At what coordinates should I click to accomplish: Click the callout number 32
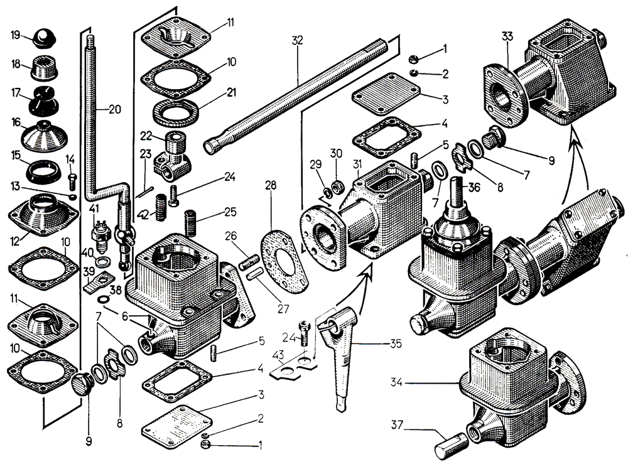click(x=297, y=40)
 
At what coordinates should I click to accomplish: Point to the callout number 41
click(x=94, y=209)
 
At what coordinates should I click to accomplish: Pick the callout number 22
click(x=146, y=136)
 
